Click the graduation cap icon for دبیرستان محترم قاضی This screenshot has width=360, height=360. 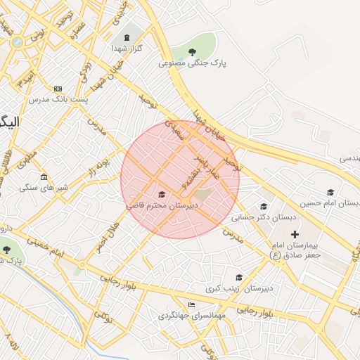pyautogui.click(x=161, y=194)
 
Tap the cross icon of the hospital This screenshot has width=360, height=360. pyautogui.click(x=295, y=233)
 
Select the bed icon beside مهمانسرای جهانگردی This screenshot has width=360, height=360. pyautogui.click(x=192, y=304)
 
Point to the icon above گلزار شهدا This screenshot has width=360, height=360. pyautogui.click(x=127, y=37)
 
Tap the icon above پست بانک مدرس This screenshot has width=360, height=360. pyautogui.click(x=58, y=89)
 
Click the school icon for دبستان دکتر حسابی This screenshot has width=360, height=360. pyautogui.click(x=264, y=206)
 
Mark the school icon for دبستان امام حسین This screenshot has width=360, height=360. pyautogui.click(x=330, y=192)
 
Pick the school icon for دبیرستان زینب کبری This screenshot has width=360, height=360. pyautogui.click(x=239, y=277)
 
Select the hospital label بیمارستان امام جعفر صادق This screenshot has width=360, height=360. pyautogui.click(x=296, y=250)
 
